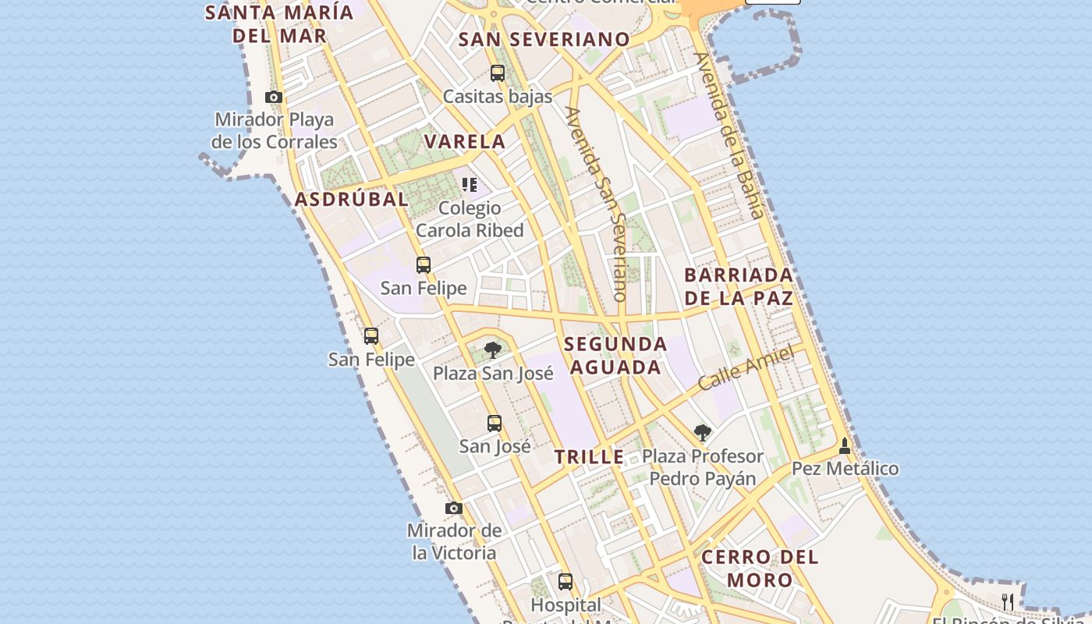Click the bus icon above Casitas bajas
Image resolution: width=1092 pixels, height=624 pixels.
pos(498,74)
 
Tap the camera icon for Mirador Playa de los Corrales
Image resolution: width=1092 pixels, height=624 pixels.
pos(274,97)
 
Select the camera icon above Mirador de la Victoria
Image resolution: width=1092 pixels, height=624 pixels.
pos(454,509)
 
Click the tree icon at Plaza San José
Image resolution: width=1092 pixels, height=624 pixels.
pos(492,349)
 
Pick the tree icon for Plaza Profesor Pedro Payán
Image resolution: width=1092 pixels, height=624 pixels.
pos(703,432)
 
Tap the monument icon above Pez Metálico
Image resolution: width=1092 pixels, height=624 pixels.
pos(844,446)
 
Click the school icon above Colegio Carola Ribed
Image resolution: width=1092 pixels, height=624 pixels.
pos(470,185)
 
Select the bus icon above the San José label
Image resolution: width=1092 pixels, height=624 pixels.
pos(495,424)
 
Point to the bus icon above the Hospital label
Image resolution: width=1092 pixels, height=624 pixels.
pos(565,582)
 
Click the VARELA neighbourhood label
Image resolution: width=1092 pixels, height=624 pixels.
pos(465,142)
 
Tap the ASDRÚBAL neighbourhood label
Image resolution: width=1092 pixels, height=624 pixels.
pos(351,199)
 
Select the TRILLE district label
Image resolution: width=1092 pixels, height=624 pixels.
pos(590,457)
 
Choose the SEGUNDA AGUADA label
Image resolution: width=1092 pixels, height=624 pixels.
pos(615,356)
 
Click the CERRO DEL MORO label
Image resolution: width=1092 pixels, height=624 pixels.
pos(760,569)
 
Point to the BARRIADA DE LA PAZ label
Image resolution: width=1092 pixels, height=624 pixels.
pos(739,286)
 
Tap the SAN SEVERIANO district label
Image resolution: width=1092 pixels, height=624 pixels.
pos(544,39)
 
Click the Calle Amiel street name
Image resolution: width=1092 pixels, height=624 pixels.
pos(746,368)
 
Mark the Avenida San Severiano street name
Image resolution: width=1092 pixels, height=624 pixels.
pos(598,204)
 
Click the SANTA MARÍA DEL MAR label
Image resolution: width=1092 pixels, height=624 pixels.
pos(279,24)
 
